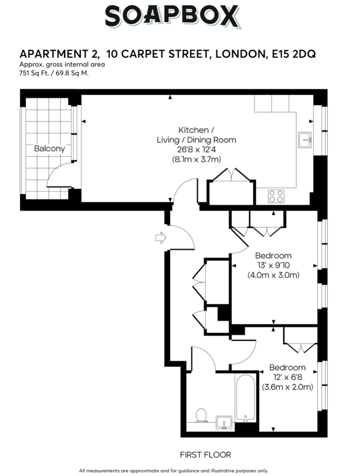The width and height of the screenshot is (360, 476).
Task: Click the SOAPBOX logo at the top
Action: [173, 17]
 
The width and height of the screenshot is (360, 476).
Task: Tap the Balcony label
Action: [49, 149]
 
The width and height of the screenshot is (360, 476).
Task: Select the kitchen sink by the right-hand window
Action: [305, 140]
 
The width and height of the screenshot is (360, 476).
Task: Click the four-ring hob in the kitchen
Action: [276, 196]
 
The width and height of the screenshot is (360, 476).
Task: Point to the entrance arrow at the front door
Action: [161, 238]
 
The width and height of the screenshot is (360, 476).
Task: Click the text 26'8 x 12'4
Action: [196, 150]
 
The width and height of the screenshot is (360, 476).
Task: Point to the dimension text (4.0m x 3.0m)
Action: [273, 275]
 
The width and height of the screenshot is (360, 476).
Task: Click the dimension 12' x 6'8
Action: [287, 377]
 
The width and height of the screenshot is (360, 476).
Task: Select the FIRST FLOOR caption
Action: [206, 455]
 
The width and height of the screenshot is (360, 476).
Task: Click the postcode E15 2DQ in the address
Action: [294, 54]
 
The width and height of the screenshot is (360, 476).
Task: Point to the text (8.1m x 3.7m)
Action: [196, 160]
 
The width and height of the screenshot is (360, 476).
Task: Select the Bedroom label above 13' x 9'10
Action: [273, 256]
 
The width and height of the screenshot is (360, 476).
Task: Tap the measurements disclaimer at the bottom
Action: [174, 471]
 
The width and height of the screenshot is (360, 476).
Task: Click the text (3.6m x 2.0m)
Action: [287, 387]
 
